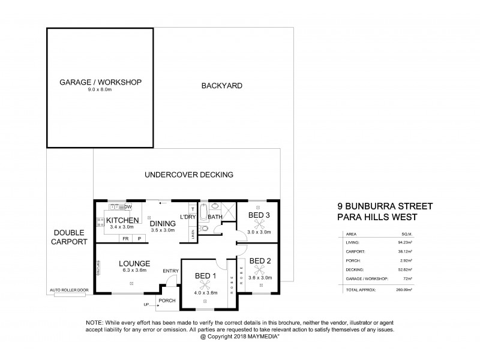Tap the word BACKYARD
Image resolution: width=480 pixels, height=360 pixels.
coord(221,86)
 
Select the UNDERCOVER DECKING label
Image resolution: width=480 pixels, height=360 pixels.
coord(189,175)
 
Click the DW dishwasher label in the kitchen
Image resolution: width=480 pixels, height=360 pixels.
coord(128,207)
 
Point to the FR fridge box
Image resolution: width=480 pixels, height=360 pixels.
coord(125,238)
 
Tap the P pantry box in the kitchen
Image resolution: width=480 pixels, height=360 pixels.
coord(139,238)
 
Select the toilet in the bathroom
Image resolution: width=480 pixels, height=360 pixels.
coord(205,229)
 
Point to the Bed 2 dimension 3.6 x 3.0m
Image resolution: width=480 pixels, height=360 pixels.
coord(260,269)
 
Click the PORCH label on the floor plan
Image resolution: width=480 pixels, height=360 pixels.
coord(166,301)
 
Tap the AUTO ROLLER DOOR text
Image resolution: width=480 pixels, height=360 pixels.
coord(70,290)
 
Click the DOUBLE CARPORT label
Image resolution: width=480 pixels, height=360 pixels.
coord(70,236)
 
